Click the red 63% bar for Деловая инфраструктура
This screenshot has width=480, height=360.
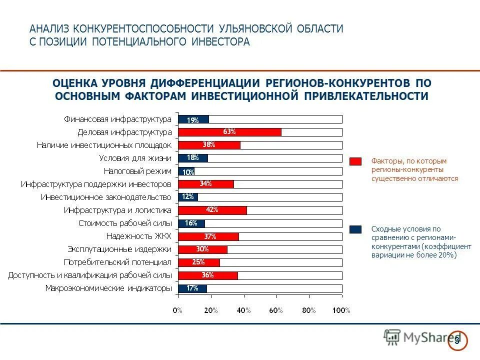point(230,132)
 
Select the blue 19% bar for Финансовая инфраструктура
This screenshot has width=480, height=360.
point(193,119)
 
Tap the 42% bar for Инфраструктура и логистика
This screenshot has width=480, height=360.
point(212,210)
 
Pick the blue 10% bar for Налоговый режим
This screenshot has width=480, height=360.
point(186,171)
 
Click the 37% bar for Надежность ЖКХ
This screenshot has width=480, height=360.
point(208,236)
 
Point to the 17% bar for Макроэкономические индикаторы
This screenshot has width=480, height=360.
point(192,288)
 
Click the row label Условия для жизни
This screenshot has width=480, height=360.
point(135,158)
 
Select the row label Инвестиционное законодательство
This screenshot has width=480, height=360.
point(106,197)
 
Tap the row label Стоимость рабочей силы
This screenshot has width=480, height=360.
point(125,223)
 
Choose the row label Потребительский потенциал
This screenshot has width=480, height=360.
point(117,262)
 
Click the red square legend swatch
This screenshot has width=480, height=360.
point(355,161)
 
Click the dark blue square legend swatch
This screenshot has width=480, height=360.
point(355,229)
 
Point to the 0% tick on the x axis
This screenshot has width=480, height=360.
point(177,310)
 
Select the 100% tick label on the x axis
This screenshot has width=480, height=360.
point(341,310)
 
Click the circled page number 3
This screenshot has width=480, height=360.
point(456,339)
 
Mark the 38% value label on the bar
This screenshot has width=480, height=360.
point(208,145)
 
